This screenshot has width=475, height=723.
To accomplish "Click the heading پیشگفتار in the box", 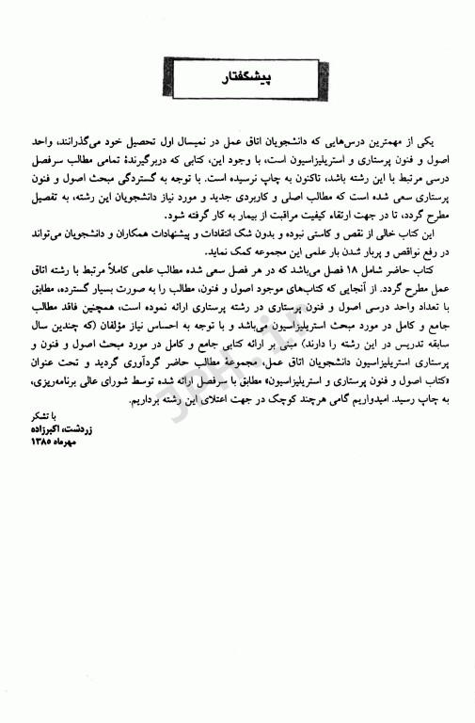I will pos(236,82).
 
